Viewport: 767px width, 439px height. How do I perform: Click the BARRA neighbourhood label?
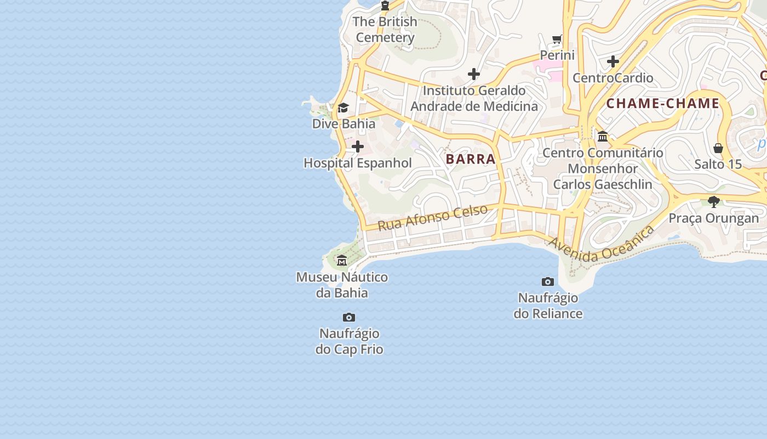pos(471,159)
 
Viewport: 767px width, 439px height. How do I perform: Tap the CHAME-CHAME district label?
pos(662,103)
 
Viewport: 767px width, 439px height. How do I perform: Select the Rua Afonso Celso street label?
pos(432,217)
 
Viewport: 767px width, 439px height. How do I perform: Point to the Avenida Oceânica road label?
pos(602,244)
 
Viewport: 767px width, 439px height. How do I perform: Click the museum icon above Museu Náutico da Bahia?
pos(342,260)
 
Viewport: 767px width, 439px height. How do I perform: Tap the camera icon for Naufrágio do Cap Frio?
pos(349,317)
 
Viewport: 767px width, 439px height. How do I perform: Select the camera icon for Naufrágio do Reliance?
pos(548,282)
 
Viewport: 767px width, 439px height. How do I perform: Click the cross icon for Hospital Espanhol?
pos(358,147)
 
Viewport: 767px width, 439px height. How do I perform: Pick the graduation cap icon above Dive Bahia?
pos(343,108)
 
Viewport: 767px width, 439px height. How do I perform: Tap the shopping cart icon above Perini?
pos(557,39)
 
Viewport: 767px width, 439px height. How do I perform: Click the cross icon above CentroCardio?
pos(613,61)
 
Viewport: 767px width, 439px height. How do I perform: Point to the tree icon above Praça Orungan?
pos(713,202)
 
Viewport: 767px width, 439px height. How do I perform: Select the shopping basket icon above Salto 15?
pos(718,148)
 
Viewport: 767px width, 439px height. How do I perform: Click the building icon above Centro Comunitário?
pos(603,136)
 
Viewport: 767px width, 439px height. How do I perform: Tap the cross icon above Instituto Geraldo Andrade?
pos(474,74)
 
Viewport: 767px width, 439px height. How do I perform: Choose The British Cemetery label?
pos(385,30)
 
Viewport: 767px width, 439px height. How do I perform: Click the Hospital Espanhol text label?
pos(358,163)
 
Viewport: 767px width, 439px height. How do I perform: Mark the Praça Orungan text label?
pos(714,218)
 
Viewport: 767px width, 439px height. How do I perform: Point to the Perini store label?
pos(557,55)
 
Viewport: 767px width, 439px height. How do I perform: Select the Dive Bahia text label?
pos(344,123)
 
